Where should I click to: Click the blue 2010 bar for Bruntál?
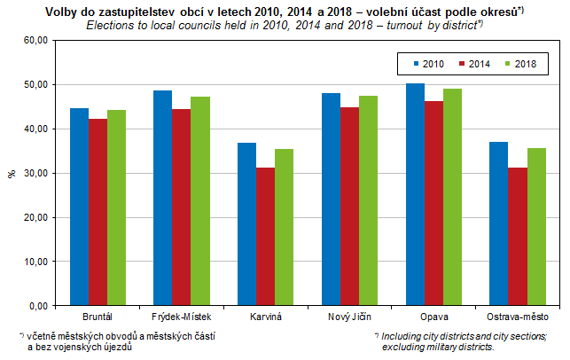(x=79, y=207)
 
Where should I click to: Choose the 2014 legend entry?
(x=475, y=64)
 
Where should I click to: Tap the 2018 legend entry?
(x=521, y=64)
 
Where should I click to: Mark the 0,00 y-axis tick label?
(x=37, y=306)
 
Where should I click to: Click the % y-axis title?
(x=12, y=173)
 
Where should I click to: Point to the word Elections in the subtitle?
(x=111, y=25)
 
